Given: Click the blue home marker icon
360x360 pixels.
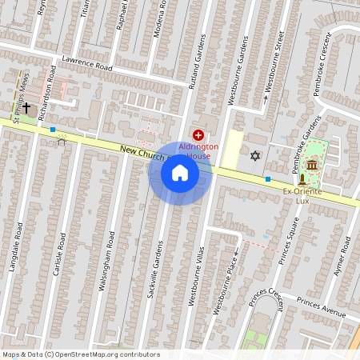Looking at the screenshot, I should tap(180, 173).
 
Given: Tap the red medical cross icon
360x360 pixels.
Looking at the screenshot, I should tap(198, 135).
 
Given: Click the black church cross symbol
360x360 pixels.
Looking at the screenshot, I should tap(26, 106).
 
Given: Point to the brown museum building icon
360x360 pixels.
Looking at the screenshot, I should tap(310, 165).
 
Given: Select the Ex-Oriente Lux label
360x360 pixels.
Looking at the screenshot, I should tap(296, 196).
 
